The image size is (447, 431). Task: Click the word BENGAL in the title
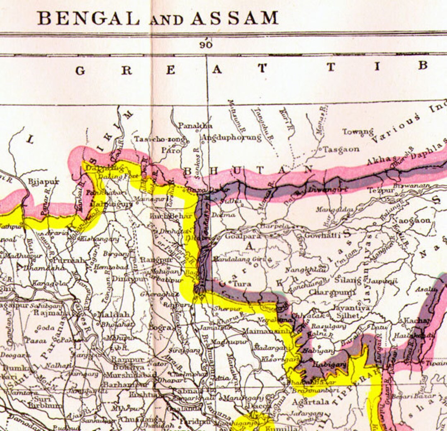click(89, 18)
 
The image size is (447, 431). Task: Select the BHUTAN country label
click(248, 170)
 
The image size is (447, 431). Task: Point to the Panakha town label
click(195, 125)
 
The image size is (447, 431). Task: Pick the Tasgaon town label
click(341, 149)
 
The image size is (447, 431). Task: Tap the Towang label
click(358, 132)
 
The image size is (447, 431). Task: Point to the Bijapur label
click(43, 182)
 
